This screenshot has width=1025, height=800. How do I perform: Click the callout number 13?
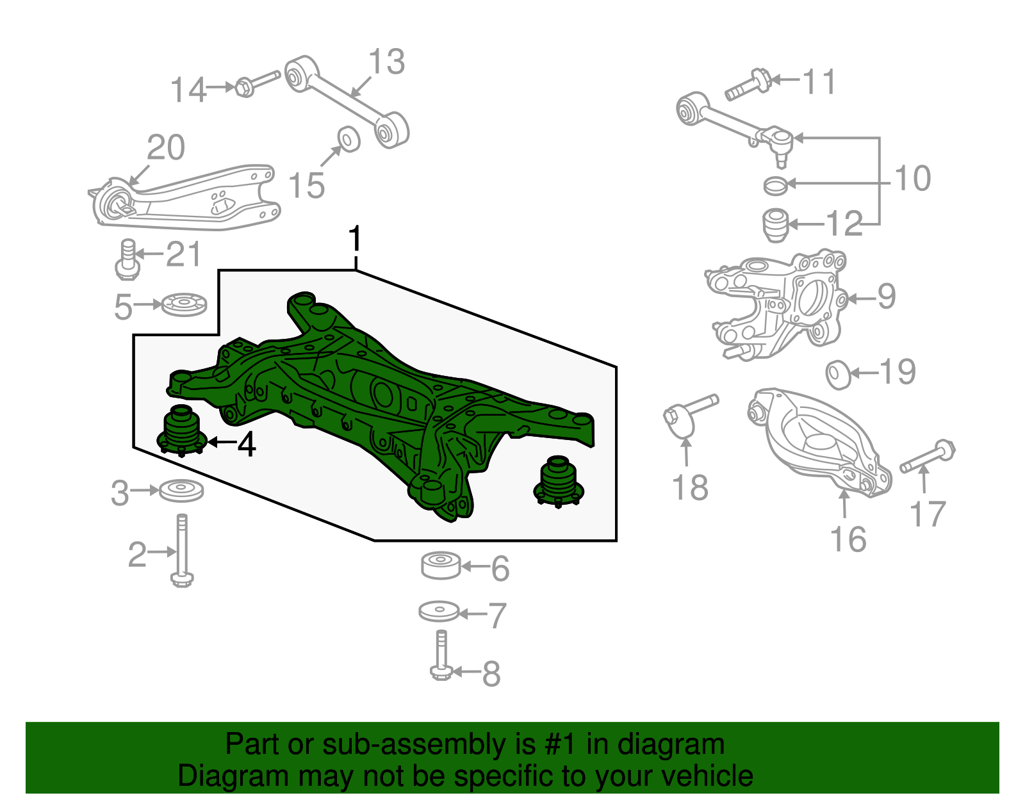[x=387, y=62]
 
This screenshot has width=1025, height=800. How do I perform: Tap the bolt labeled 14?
[x=258, y=83]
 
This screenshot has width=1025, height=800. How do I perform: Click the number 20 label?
[x=166, y=148]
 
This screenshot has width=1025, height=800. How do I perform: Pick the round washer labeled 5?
[x=184, y=304]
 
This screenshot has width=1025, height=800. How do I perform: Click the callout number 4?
[x=247, y=444]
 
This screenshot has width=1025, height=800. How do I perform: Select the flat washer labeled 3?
[x=181, y=491]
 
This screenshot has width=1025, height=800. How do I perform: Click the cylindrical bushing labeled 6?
[x=440, y=565]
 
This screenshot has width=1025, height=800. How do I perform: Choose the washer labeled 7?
[x=439, y=611]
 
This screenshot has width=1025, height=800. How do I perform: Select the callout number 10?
[x=912, y=178]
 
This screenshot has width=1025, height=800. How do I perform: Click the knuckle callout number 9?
[x=887, y=297]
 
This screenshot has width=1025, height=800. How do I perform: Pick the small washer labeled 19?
[x=837, y=375]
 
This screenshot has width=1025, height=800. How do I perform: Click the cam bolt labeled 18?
[x=689, y=413]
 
